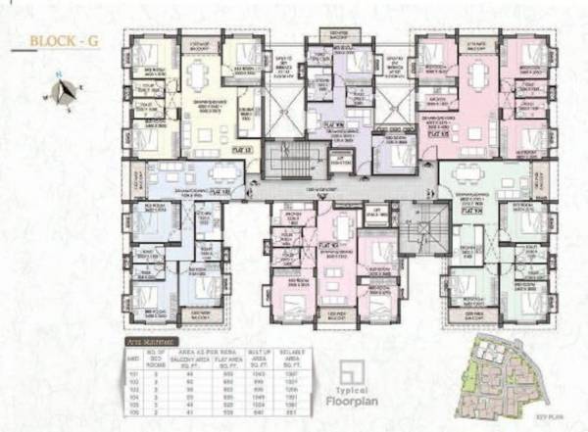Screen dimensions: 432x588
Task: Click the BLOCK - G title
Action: point(60,41)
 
